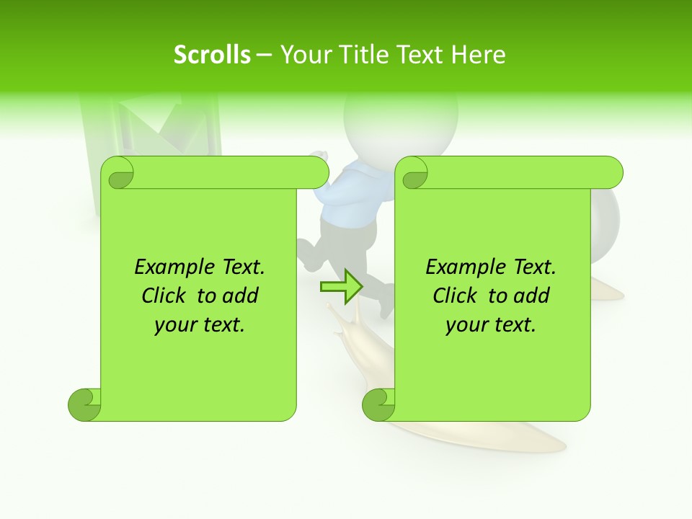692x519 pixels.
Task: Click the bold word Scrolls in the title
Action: coord(212,55)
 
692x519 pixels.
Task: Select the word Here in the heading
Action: coord(478,55)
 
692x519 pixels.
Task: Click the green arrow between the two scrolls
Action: coord(341,287)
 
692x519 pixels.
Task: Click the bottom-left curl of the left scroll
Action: coord(84,404)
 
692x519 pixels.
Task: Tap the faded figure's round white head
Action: coord(401,119)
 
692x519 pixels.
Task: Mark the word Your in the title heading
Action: coord(303,55)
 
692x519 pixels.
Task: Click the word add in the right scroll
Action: coord(533,296)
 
